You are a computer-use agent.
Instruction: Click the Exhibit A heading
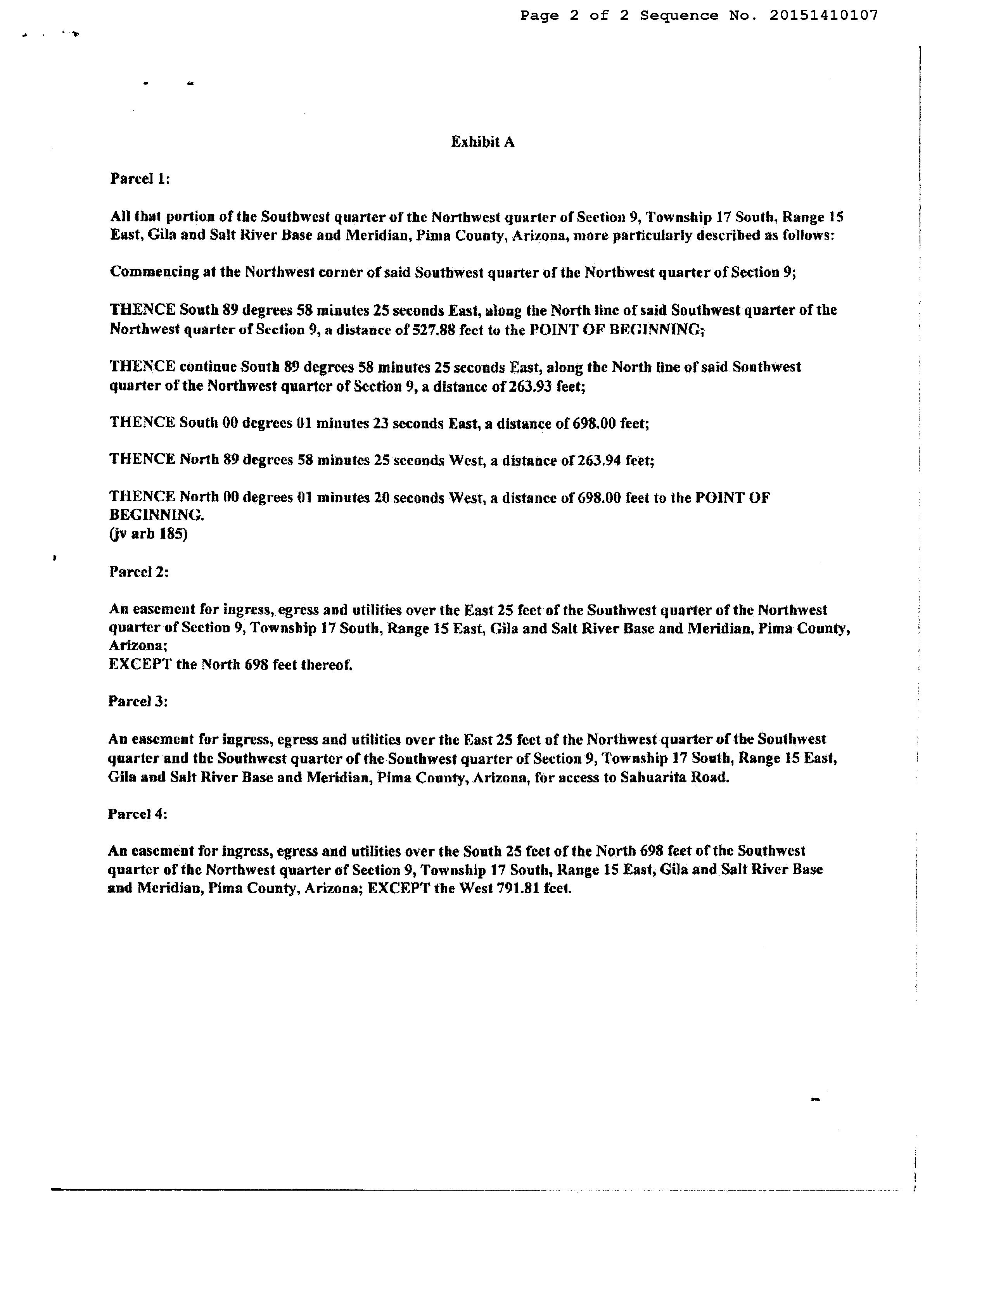point(482,142)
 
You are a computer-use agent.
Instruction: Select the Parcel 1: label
point(140,179)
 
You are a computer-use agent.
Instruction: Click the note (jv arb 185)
point(149,535)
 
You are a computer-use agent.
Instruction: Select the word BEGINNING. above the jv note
point(157,516)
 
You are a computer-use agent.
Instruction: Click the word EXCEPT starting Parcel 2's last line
point(139,665)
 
